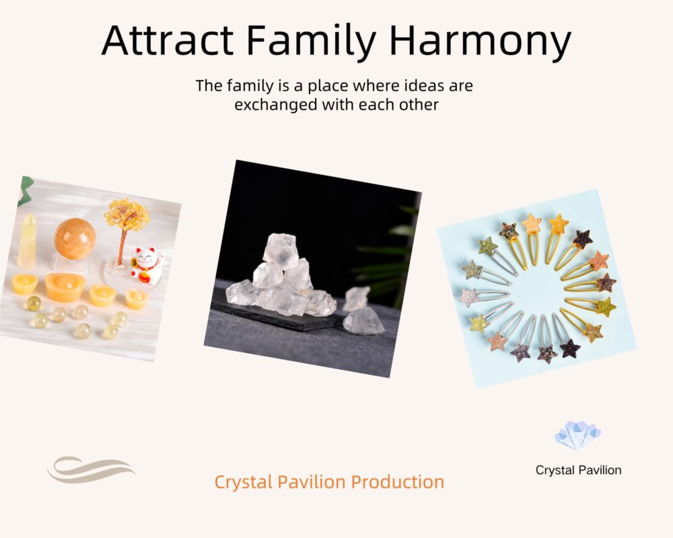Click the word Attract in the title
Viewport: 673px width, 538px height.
coord(168,40)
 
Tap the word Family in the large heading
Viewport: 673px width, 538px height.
coord(311,43)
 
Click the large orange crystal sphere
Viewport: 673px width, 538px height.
coord(75,238)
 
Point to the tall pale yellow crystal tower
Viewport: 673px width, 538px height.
coord(28,241)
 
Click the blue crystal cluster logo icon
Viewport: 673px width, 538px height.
coord(577,435)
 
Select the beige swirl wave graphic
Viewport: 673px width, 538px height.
coord(91,470)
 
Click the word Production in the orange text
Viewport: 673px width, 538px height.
coord(398,482)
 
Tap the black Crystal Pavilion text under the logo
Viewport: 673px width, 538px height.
coord(578,470)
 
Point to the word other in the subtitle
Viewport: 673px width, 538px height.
coord(419,105)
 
